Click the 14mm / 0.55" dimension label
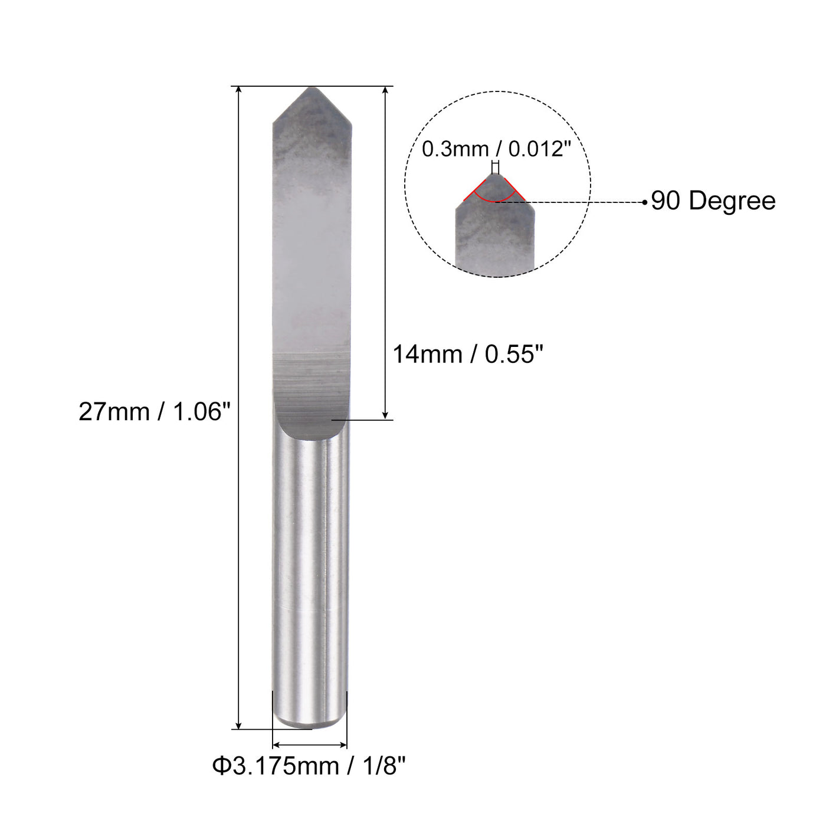[x=467, y=355]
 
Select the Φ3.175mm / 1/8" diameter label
[x=309, y=766]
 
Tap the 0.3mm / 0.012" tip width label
[x=496, y=149]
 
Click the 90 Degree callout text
[x=713, y=201]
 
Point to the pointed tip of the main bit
[x=311, y=89]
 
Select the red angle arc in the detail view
[x=494, y=198]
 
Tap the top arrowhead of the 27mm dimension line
[x=238, y=90]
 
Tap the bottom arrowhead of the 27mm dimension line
[x=238, y=725]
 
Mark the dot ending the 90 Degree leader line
[x=645, y=202]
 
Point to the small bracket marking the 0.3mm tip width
[x=495, y=165]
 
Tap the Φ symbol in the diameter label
[x=220, y=766]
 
